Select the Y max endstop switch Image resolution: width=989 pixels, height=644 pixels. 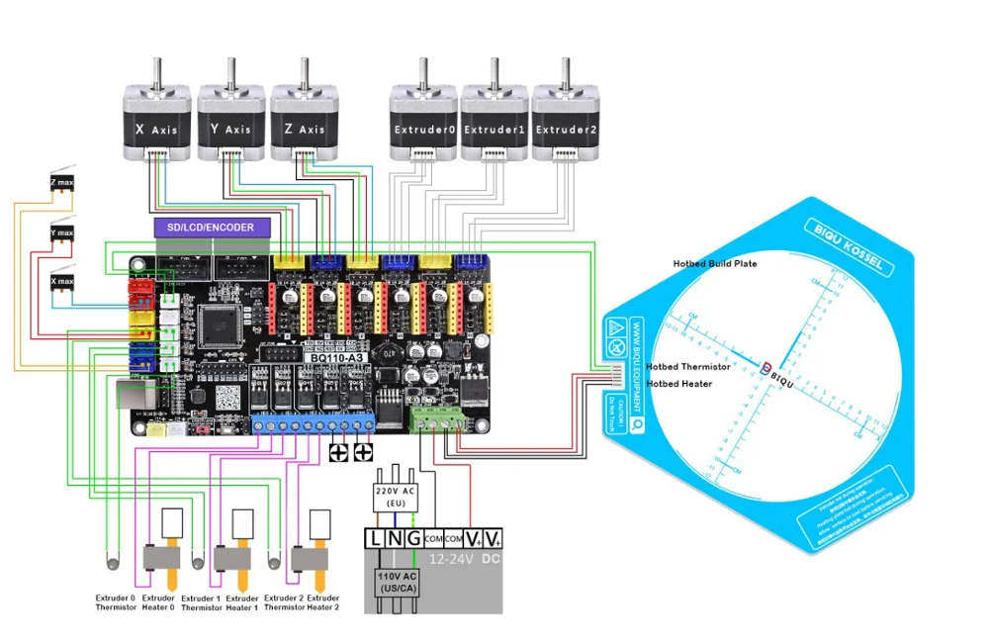61,232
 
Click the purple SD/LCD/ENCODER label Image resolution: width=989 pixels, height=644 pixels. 211,228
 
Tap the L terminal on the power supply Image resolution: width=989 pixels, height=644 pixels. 375,538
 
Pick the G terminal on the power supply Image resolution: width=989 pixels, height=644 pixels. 411,538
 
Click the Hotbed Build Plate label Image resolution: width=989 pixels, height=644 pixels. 715,264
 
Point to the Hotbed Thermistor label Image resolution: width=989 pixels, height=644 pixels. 688,367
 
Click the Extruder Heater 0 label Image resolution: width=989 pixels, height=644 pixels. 158,603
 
